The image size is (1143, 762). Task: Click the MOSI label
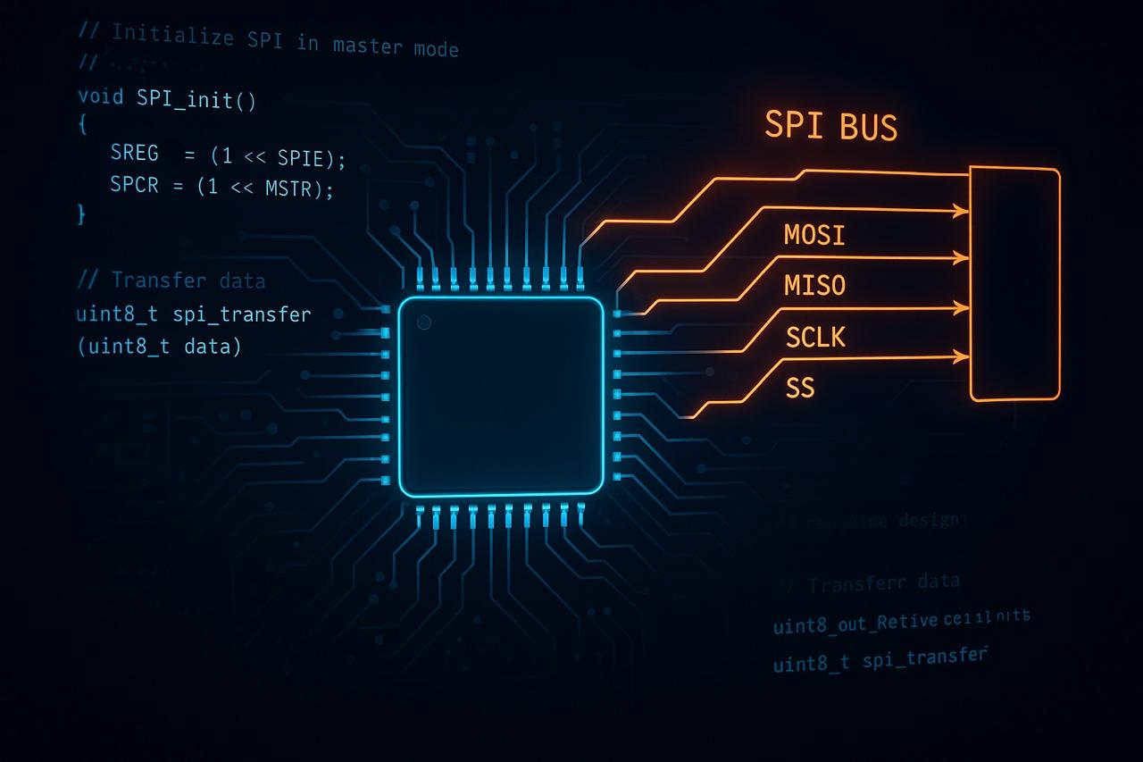(814, 235)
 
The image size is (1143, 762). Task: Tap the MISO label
(814, 286)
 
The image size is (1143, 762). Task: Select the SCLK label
(815, 338)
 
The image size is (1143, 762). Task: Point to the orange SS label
(800, 389)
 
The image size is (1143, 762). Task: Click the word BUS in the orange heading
(867, 127)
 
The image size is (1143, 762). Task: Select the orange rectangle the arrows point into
(1014, 284)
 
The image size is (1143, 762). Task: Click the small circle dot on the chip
(424, 322)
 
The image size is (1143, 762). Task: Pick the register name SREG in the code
(134, 154)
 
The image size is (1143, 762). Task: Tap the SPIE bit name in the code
(305, 158)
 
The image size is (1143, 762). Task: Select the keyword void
(101, 96)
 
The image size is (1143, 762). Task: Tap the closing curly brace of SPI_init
(82, 214)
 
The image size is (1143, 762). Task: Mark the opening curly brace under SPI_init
(83, 126)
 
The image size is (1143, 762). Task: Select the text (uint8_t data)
(160, 347)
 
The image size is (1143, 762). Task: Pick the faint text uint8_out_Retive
(855, 624)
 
